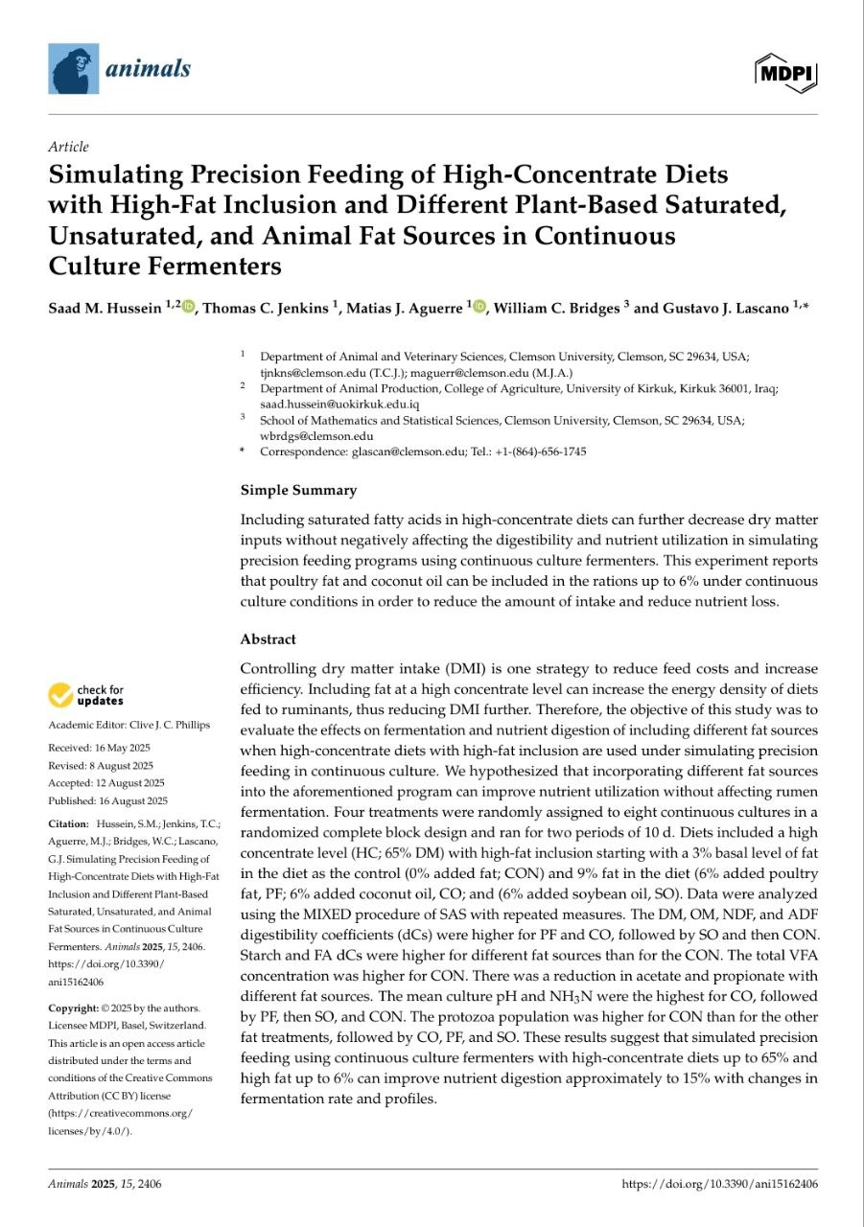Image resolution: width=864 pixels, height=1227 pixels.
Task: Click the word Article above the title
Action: click(x=68, y=147)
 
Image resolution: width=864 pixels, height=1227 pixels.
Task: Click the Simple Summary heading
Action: click(x=297, y=490)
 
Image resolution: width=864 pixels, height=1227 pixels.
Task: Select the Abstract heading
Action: click(x=268, y=639)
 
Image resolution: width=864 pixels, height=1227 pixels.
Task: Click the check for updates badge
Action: click(x=86, y=695)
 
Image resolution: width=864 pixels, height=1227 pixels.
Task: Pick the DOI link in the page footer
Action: click(x=719, y=1184)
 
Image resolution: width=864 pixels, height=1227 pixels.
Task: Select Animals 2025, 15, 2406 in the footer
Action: click(x=105, y=1184)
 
